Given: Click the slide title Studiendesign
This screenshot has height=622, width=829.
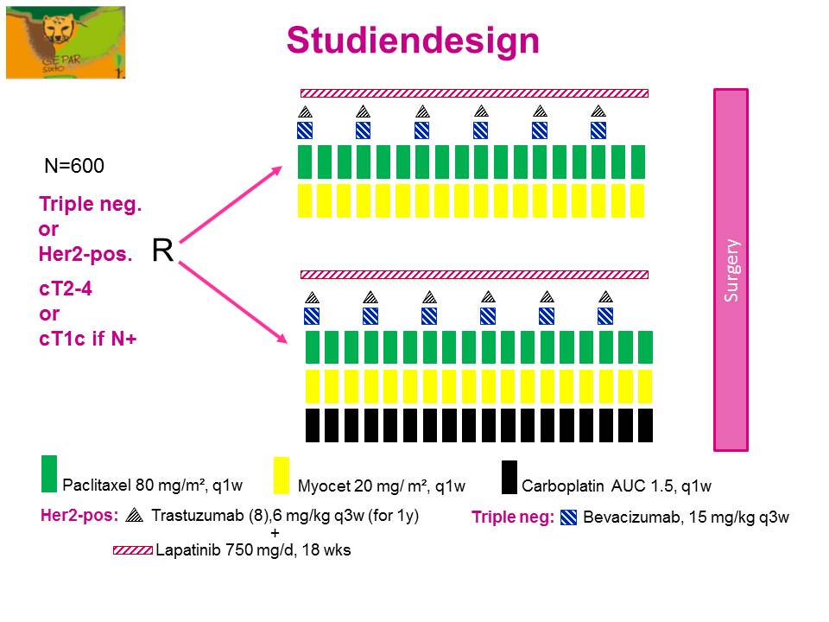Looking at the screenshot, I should point(413,40).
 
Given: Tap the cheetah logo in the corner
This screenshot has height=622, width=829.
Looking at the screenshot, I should point(66,41).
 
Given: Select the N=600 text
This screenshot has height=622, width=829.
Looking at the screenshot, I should point(74,166).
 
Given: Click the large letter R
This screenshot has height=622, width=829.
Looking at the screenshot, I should point(162,251).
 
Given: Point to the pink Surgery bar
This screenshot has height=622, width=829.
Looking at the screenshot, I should point(731,270).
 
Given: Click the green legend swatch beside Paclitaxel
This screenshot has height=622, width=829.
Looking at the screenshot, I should point(48,473).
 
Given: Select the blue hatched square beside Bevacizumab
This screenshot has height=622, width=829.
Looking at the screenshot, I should point(569,518).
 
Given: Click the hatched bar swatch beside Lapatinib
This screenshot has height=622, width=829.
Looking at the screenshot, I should point(133,549).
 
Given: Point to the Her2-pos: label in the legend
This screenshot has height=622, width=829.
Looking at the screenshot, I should point(79,517).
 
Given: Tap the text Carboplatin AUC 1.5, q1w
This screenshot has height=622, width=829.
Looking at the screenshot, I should point(616,486).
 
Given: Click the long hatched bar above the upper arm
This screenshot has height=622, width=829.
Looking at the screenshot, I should point(474,92).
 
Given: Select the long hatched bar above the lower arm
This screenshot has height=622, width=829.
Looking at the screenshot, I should point(474,275).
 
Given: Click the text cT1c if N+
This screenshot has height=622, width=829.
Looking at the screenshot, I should point(90,339).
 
